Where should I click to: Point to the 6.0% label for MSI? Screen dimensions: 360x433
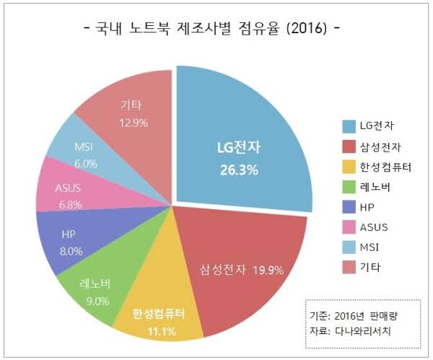point(85,164)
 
